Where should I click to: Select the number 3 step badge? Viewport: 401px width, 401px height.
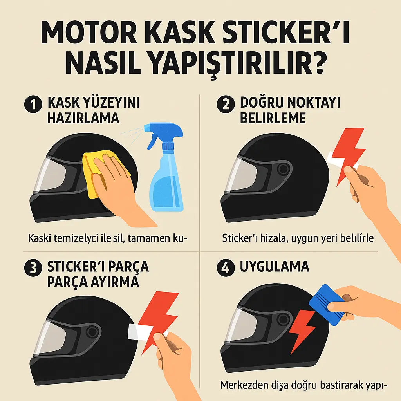click(x=33, y=269)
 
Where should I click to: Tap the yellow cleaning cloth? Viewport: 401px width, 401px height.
click(x=94, y=172)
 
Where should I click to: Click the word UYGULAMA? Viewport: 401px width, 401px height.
click(x=274, y=267)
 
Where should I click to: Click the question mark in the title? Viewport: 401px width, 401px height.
click(x=314, y=63)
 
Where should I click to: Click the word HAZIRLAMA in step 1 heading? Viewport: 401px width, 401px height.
click(x=83, y=118)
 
